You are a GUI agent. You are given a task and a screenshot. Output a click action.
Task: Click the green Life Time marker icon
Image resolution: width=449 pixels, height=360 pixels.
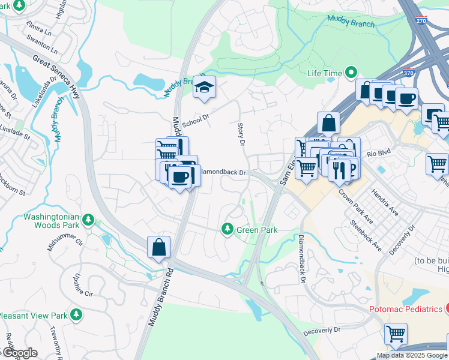351,73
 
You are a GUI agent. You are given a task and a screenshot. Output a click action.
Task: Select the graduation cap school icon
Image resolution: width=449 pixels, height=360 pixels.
204,89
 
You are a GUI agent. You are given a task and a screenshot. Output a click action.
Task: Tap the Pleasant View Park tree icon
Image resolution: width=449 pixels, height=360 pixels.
76,314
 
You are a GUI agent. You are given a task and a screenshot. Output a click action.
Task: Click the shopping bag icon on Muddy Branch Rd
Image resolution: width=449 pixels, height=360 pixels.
158,247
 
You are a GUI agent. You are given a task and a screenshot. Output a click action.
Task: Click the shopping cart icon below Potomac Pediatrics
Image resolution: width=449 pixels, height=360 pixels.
396,334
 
